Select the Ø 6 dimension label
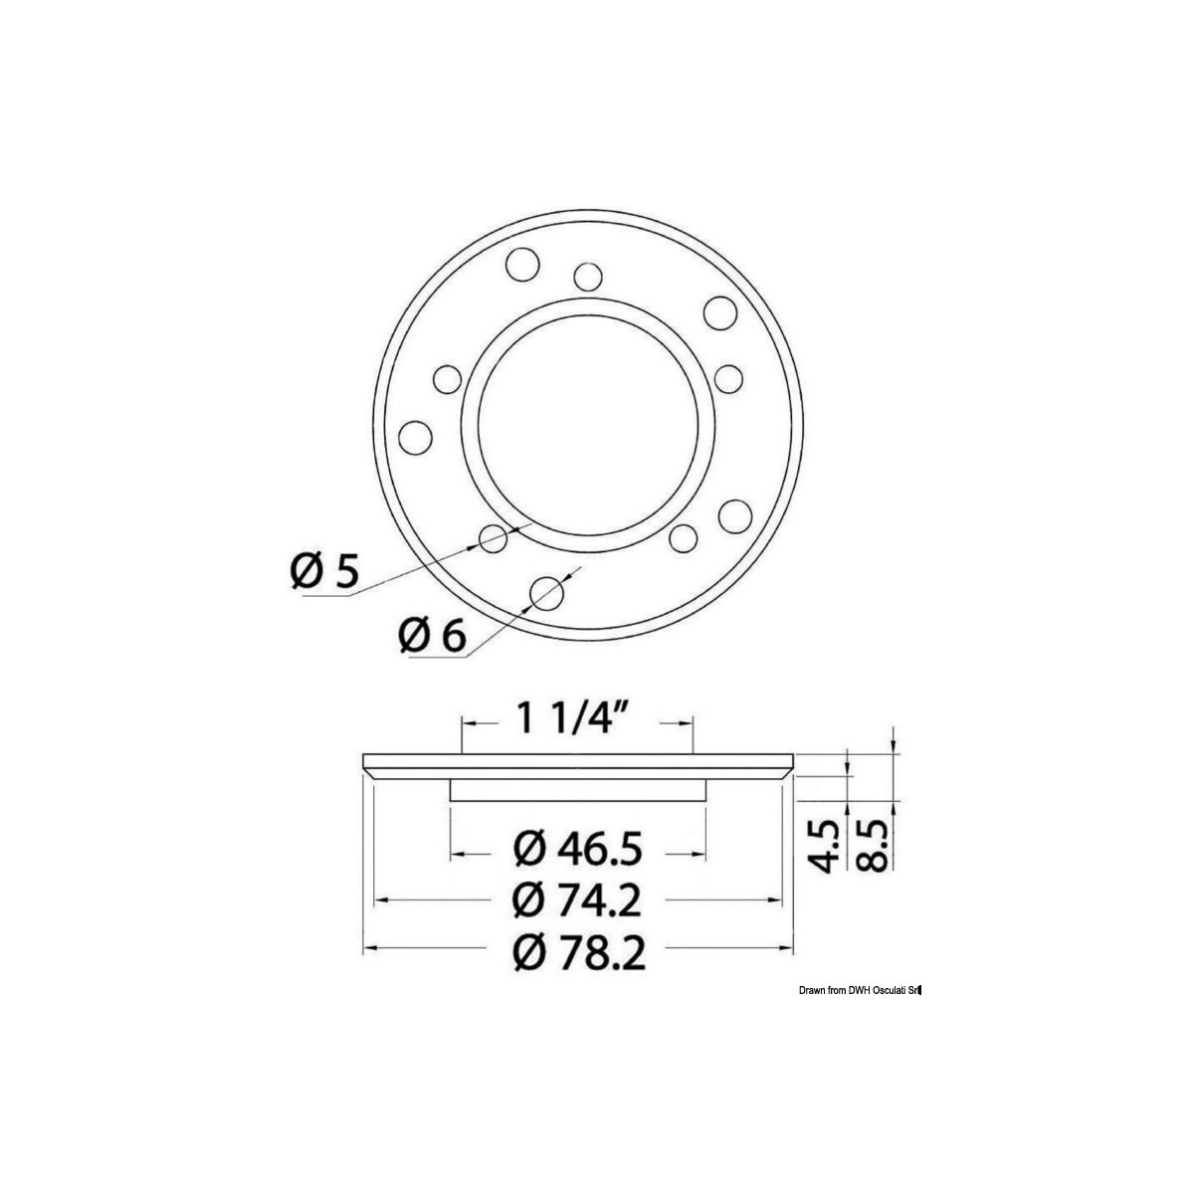[432, 636]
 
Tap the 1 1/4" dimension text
[572, 720]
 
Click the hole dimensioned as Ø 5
[494, 538]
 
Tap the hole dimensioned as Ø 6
[547, 592]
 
